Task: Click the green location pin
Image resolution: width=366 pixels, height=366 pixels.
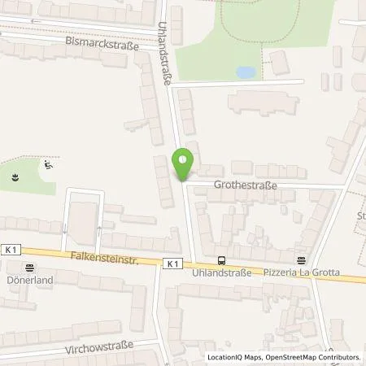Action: click(184, 163)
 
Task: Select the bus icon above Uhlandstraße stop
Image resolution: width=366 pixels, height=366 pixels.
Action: click(223, 261)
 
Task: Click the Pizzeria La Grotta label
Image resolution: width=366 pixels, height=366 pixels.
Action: click(299, 274)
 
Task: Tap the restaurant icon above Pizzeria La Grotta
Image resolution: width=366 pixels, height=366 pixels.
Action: click(302, 261)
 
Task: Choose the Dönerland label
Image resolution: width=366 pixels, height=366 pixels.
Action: click(30, 277)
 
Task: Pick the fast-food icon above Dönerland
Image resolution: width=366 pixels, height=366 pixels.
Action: click(30, 265)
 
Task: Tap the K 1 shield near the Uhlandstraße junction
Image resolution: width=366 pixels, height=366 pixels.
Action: click(171, 264)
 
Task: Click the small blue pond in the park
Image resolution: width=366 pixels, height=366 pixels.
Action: click(245, 72)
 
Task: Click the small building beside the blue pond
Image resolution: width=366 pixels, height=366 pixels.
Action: click(279, 62)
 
